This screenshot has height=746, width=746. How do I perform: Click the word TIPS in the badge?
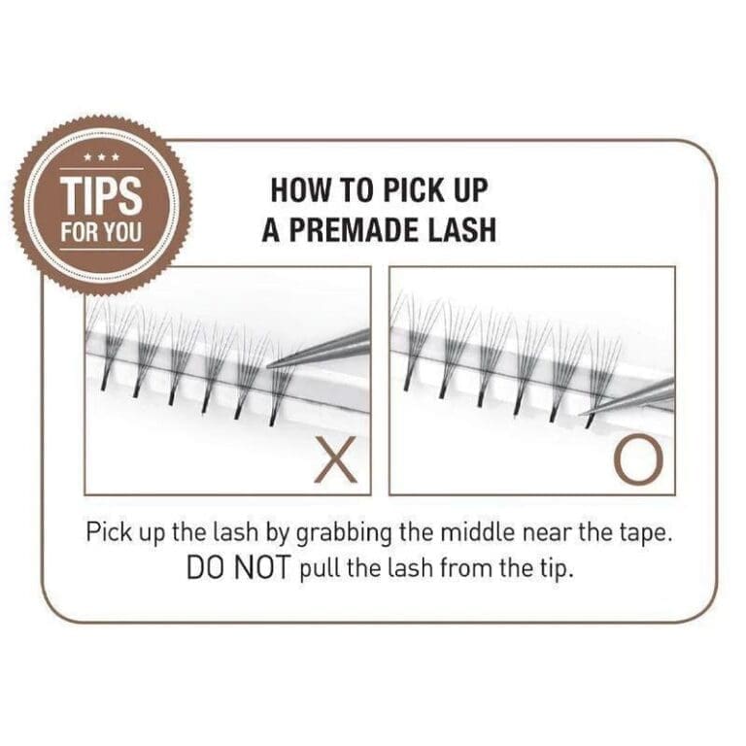point(101,194)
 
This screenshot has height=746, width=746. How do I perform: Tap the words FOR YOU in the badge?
point(101,234)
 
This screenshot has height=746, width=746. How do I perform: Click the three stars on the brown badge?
point(101,157)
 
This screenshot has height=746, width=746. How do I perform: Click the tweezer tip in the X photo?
point(271,364)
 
